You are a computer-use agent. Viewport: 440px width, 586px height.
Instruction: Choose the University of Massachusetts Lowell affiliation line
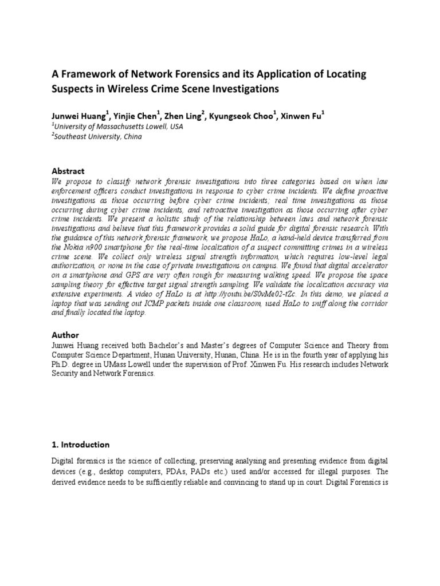(118, 126)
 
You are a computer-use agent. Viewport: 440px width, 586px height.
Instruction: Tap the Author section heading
(65, 335)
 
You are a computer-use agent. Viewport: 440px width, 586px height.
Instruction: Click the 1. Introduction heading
(80, 445)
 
